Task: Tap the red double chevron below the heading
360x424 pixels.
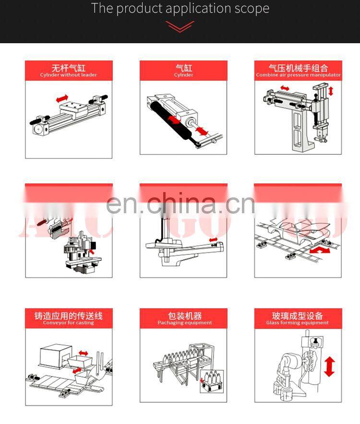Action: coord(180,27)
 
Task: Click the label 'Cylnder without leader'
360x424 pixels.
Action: coord(69,75)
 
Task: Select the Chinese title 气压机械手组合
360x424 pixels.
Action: coord(298,68)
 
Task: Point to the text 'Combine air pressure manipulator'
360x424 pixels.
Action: coord(298,75)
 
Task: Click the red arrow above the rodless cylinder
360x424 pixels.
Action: coord(62,98)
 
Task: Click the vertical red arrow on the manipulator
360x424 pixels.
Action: coord(331,91)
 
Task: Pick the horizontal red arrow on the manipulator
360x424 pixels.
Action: coord(285,88)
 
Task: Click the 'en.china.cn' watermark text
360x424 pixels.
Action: coord(180,204)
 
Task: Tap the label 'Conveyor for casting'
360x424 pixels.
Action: coord(69,323)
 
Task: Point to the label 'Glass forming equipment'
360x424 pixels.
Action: coord(298,323)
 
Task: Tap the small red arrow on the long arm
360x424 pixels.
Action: coord(213,240)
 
